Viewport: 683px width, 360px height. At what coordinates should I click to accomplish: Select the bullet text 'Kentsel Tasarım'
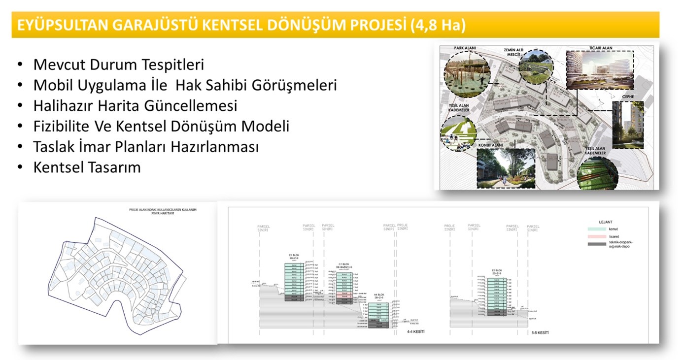(x=87, y=167)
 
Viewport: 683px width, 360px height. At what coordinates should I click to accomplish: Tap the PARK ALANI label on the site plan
(x=465, y=48)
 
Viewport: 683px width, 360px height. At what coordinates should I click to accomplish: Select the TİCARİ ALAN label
(x=600, y=48)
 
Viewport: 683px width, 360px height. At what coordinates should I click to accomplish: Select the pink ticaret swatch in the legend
(x=596, y=237)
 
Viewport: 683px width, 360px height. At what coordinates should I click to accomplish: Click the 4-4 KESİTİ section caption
(x=415, y=332)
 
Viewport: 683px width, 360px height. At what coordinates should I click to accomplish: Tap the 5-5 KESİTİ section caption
(x=540, y=333)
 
